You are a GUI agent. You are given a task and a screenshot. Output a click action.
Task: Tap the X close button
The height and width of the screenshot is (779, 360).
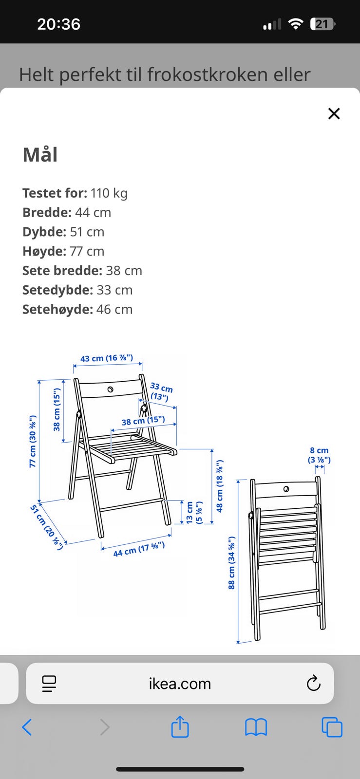point(334,113)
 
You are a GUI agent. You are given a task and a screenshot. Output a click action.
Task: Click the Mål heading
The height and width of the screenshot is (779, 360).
point(40,155)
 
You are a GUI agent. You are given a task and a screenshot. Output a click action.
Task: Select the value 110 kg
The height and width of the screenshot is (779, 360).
point(109,193)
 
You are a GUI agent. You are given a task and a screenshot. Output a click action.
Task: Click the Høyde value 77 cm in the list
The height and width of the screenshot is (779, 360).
point(87,251)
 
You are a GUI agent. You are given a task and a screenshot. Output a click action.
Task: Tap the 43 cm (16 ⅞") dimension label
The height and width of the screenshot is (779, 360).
point(106,358)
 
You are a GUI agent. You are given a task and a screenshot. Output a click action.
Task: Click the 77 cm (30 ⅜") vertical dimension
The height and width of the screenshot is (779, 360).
point(33,441)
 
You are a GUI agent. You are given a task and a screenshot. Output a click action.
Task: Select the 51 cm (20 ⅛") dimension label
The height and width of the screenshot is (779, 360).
point(47,527)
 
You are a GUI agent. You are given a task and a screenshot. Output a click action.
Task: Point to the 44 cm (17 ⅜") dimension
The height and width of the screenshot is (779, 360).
point(139,549)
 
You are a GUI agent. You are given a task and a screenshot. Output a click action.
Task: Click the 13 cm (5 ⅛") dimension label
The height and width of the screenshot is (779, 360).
point(194,512)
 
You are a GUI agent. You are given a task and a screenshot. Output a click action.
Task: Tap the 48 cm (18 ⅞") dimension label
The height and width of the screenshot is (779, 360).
point(220,486)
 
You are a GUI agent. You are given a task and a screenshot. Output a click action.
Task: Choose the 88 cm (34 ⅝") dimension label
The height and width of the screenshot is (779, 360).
point(232,563)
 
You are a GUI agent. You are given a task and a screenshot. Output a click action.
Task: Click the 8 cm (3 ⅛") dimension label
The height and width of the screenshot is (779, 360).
point(319,455)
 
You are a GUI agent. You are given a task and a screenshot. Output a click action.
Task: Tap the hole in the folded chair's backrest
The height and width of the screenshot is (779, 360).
point(286,488)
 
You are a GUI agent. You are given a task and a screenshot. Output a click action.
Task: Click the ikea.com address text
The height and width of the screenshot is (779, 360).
point(180,684)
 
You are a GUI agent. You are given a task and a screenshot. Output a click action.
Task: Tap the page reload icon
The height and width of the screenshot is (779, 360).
point(313,684)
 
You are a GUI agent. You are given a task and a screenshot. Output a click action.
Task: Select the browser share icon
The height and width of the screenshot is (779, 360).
point(180,727)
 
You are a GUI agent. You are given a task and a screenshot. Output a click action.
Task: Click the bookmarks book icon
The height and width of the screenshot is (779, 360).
point(256,727)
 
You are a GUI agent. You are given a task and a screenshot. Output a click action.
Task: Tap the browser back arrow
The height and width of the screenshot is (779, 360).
point(27,727)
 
